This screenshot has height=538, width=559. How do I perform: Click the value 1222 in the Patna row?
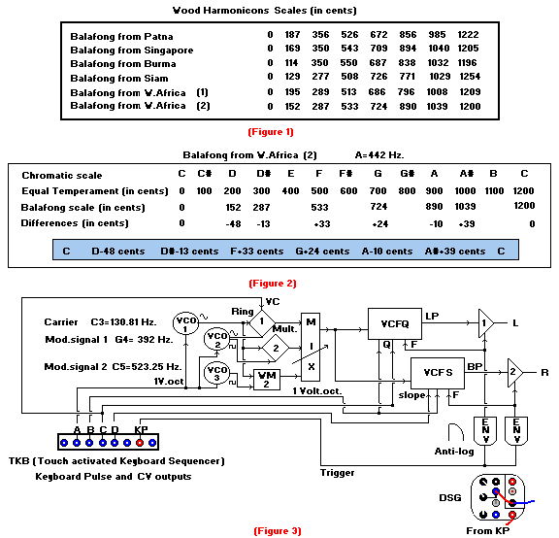click(x=468, y=35)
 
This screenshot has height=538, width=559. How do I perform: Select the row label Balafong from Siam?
click(x=119, y=78)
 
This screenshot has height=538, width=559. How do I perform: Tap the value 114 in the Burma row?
click(x=291, y=63)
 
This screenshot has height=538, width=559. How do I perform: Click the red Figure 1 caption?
click(x=271, y=132)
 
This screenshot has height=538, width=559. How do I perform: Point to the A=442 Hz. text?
click(x=379, y=155)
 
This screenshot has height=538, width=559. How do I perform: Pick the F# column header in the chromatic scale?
click(x=345, y=174)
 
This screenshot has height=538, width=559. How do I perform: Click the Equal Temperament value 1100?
click(x=494, y=191)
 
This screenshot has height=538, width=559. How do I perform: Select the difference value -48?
click(x=233, y=224)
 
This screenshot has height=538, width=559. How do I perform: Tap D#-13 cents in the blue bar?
click(x=189, y=252)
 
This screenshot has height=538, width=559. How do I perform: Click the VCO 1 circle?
click(x=185, y=323)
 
